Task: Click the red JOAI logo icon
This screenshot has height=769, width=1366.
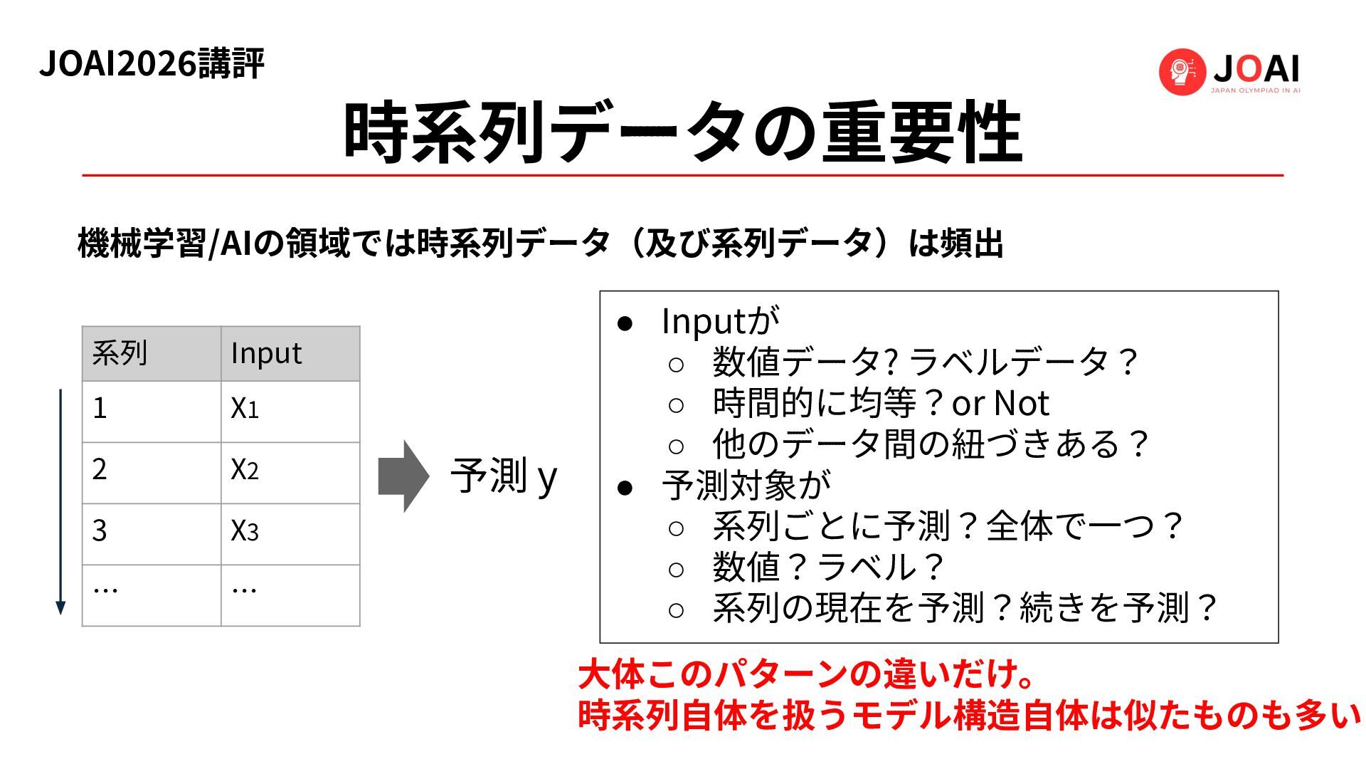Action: [1182, 71]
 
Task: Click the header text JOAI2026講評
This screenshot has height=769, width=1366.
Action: [152, 64]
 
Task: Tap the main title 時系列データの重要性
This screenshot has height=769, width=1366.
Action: [682, 133]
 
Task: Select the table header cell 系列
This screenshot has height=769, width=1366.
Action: [151, 353]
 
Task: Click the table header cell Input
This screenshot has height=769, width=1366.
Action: [290, 353]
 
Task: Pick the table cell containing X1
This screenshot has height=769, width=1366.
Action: [290, 411]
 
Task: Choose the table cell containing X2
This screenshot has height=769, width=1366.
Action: [290, 472]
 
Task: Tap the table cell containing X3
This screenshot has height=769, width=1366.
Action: [290, 533]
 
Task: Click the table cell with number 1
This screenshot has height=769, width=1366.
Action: [151, 411]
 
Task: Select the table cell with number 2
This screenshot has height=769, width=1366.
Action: [151, 472]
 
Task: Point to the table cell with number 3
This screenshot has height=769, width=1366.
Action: [151, 533]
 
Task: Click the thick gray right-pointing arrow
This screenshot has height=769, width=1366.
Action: [403, 476]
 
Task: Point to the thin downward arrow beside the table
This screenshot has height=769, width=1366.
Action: [60, 502]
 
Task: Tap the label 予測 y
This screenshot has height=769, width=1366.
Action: [504, 476]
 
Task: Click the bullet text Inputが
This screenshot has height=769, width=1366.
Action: [720, 321]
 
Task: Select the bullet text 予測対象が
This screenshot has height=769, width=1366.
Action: [746, 486]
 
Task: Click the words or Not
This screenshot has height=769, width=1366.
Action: [1000, 404]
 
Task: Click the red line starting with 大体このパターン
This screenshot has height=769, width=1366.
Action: [806, 674]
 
